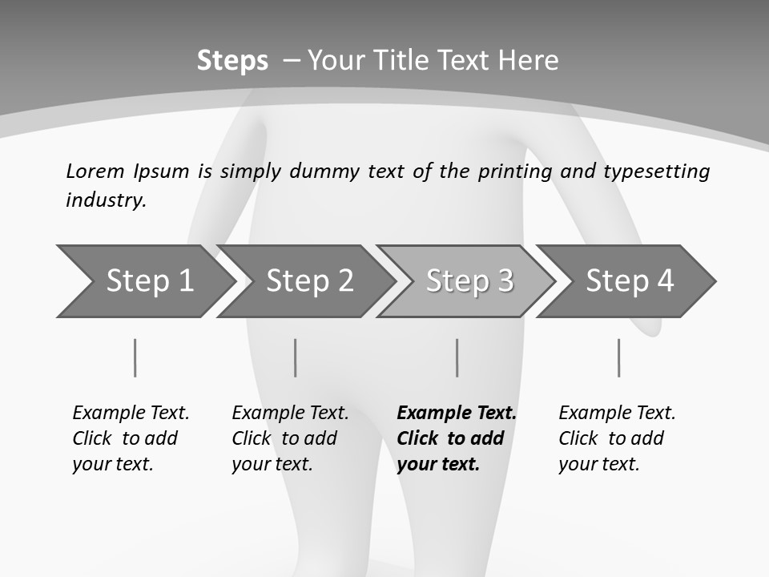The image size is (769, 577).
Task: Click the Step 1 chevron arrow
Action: pos(149,281)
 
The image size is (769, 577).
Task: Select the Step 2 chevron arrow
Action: pos(309,281)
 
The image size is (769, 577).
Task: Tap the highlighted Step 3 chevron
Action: pos(469,281)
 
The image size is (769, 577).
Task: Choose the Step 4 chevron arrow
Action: pos(630,281)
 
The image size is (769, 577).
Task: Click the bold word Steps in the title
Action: pos(232,61)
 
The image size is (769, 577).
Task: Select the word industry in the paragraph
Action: pos(106,200)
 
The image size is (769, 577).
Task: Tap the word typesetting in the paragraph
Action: pos(656,171)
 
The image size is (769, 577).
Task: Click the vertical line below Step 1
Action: pos(135,357)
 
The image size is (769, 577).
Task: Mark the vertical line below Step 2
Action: pos(296,357)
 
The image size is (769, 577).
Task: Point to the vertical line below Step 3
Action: pos(457,357)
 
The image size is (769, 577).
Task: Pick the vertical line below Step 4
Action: pos(618,357)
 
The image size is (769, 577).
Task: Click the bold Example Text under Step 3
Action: pos(457,414)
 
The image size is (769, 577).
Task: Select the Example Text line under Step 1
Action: pos(131,414)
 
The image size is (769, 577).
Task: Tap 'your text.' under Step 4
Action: pos(598,464)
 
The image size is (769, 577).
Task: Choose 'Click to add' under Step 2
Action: pos(284,438)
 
